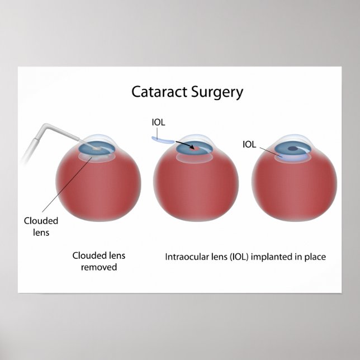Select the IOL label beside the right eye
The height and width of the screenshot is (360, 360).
coord(249,144)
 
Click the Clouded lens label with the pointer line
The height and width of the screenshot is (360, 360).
coord(41,226)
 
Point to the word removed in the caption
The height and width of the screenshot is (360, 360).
coord(98,267)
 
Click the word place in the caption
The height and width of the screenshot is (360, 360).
coord(315,257)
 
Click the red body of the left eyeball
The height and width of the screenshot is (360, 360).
coord(98,190)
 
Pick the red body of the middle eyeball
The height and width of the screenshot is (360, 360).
coord(196,190)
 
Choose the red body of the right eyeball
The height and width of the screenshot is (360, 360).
coord(294,190)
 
